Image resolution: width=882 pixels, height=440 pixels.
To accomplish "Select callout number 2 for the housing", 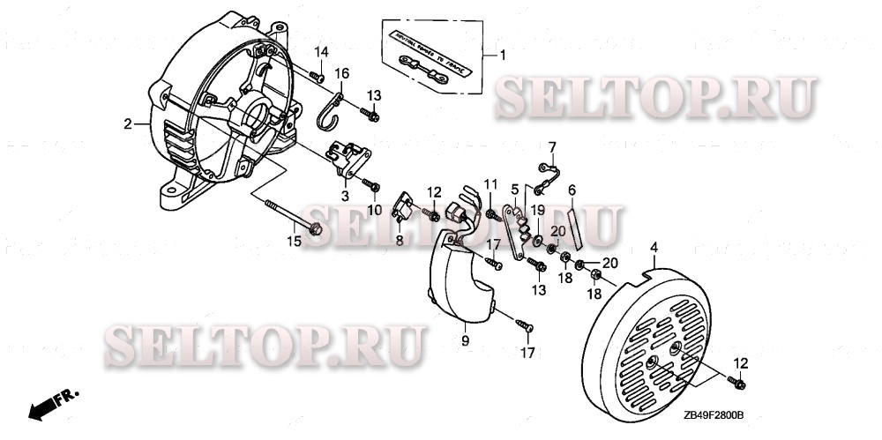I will [x=128, y=124].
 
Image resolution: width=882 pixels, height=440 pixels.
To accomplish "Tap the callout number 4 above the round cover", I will [x=653, y=250].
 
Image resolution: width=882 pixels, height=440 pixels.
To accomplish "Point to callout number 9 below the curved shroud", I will [x=464, y=339].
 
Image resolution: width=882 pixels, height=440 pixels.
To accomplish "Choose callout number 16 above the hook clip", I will [x=341, y=72].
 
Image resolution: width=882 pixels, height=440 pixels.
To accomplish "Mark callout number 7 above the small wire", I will [x=552, y=146].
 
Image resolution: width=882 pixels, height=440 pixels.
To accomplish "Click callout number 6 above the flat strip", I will [x=572, y=190].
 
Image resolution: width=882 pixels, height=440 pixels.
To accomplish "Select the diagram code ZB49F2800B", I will [x=713, y=414].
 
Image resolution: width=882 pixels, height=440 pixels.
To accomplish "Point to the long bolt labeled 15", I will [x=292, y=218].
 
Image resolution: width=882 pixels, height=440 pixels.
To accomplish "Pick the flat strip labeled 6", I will [x=574, y=225].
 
